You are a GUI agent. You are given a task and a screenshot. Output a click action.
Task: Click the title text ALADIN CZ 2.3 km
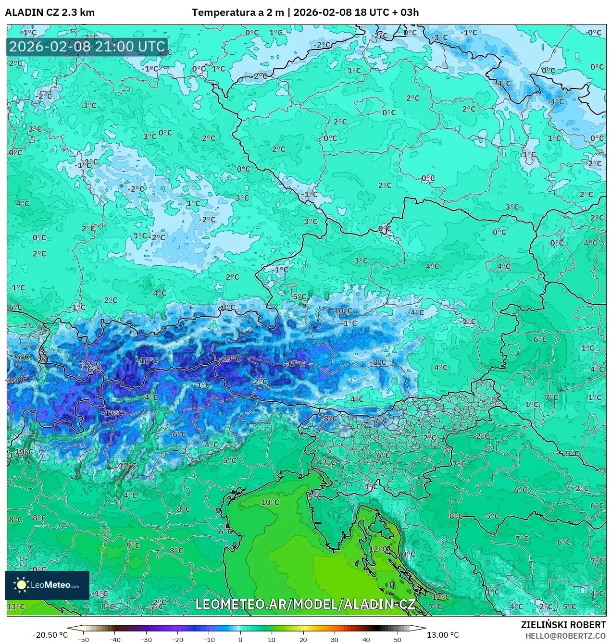[50, 12]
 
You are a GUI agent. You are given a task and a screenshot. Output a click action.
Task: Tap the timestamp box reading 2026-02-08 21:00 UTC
[87, 47]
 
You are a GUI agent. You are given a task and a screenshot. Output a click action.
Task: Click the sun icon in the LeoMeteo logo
[21, 585]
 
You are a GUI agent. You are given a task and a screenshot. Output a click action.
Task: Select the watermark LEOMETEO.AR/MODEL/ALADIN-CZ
[305, 605]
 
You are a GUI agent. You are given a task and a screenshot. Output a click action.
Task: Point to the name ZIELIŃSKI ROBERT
[563, 625]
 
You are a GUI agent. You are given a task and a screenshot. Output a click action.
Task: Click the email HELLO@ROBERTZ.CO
[565, 635]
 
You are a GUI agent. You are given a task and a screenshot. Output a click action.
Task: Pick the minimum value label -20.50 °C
[50, 635]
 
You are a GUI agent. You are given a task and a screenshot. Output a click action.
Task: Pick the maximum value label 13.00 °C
[443, 635]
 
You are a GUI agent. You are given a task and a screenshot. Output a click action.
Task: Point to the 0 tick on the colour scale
[240, 639]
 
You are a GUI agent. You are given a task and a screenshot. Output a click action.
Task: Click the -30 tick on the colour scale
[146, 639]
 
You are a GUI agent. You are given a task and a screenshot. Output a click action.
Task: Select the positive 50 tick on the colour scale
[397, 639]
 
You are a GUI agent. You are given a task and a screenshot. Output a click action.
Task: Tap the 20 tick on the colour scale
[303, 639]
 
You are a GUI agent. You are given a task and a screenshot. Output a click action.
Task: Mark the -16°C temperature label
[148, 360]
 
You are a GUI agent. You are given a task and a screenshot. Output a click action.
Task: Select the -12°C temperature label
[91, 364]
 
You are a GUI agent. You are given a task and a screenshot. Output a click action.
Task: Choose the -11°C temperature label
[127, 466]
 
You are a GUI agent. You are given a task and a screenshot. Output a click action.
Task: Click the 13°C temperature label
[15, 606]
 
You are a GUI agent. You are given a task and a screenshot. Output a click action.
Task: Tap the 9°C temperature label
[133, 545]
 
